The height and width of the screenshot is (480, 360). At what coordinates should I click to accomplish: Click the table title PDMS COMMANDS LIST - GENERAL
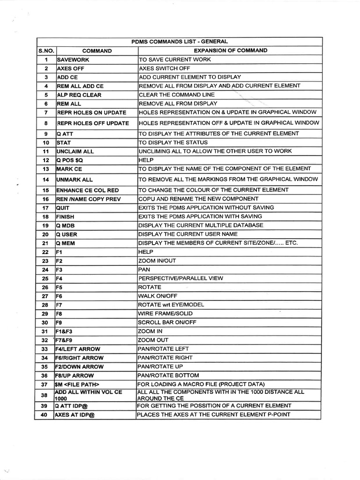coord(180,42)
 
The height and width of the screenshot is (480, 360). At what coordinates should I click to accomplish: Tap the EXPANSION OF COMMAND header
coord(231,51)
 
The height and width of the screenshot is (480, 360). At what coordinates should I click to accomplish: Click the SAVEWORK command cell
coord(73,60)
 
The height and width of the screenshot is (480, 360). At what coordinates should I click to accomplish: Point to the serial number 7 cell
coord(46,112)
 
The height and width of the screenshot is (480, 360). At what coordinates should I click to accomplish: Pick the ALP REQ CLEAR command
coord(79,95)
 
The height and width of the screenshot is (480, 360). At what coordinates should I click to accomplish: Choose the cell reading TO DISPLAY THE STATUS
coord(173,142)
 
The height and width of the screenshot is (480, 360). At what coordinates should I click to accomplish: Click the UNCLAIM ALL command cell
coord(75,151)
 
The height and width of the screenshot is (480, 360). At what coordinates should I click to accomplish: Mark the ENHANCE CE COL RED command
coord(87,190)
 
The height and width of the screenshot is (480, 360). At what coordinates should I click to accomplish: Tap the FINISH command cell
coord(65,217)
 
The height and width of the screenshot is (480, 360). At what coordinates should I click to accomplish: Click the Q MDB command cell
coord(65,225)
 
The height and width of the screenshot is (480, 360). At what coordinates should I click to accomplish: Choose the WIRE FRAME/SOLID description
coord(165,314)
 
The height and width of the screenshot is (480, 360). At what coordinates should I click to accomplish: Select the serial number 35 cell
coord(45,367)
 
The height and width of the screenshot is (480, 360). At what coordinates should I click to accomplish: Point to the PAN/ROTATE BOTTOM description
coord(168,375)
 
